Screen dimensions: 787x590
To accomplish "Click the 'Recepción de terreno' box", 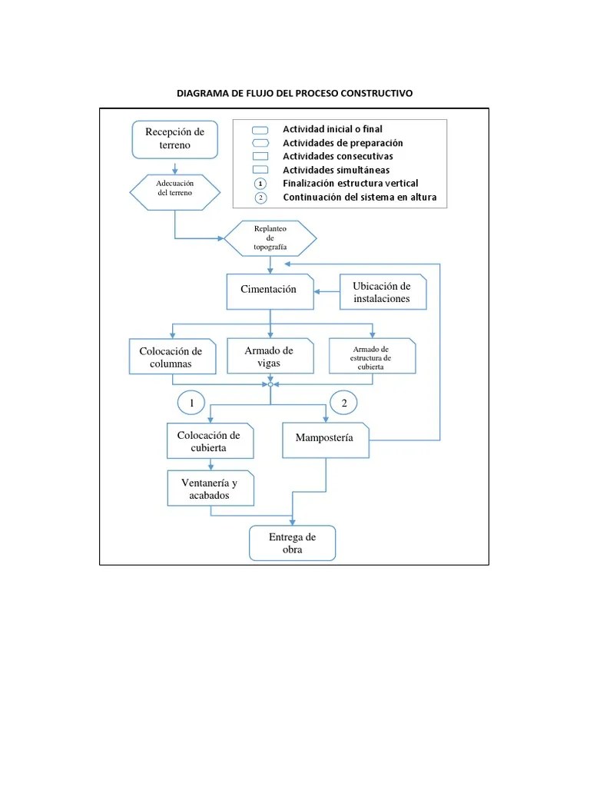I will point(175,138).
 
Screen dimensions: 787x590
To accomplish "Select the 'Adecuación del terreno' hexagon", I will point(175,189).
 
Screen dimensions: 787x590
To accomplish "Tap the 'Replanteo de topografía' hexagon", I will point(270,238).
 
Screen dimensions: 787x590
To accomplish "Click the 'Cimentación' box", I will point(270,290).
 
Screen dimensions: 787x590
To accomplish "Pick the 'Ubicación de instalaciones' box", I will point(383,292).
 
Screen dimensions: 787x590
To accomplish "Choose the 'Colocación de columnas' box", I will point(172,357).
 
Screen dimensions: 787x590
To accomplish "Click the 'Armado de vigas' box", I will point(270,357).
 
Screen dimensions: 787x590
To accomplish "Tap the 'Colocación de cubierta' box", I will point(209,441).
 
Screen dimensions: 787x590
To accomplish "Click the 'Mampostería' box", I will point(325,438).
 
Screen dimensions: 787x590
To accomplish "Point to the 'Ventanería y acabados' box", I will point(210,489).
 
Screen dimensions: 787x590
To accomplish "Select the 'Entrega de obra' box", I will point(293,543).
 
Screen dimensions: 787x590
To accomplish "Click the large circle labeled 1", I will point(191,403).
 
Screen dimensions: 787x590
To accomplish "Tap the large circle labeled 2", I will point(344,403).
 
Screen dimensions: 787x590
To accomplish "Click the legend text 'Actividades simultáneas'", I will point(336,170).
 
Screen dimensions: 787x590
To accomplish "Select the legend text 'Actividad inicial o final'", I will point(332,129).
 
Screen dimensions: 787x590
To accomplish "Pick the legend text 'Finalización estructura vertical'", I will point(350,183).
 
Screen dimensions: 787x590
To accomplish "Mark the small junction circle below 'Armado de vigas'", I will point(270,384).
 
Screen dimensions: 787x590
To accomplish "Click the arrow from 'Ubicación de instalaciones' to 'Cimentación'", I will point(329,291).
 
